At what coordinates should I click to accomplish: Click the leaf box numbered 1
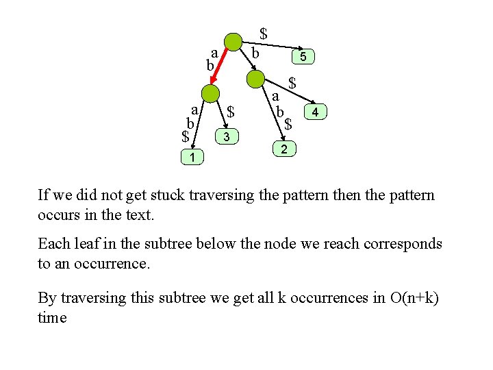[x=192, y=158]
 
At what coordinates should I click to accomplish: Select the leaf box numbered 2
[x=284, y=149]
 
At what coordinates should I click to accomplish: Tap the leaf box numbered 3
[x=227, y=138]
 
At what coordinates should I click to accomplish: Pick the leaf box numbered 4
[x=315, y=111]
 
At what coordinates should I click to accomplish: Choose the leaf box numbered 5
[x=303, y=58]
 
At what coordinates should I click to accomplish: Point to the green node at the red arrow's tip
[x=211, y=94]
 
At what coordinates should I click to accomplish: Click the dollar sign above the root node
[x=264, y=33]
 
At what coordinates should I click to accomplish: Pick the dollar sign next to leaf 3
[x=231, y=111]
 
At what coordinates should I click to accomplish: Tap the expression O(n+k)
[x=414, y=298]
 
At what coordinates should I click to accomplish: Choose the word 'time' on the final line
[x=52, y=318]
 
